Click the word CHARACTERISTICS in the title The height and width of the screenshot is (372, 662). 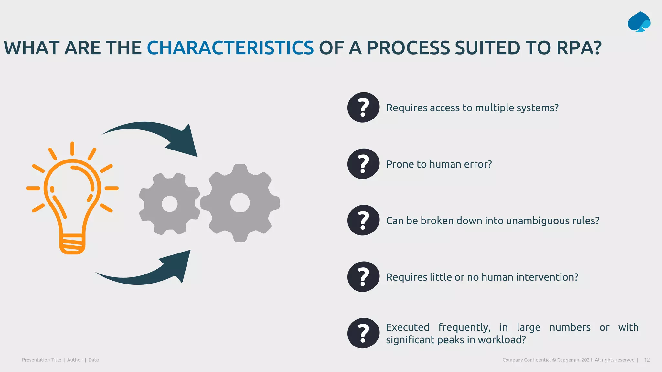[x=230, y=48]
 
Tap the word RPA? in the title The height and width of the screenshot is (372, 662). [x=579, y=48]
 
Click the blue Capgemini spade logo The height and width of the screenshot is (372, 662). [x=639, y=22]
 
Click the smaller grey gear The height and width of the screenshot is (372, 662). [x=169, y=204]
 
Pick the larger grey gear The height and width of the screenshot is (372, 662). [x=240, y=203]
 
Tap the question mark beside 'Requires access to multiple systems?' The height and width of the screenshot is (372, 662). [x=363, y=108]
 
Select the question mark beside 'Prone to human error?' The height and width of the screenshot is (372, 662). [x=363, y=164]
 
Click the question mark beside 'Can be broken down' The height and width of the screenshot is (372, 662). [x=363, y=220]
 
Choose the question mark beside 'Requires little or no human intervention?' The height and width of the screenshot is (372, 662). [x=363, y=277]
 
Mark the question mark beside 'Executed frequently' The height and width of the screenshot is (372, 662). [x=363, y=333]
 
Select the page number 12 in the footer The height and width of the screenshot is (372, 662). [x=647, y=360]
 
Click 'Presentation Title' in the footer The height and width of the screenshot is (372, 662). [x=41, y=360]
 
